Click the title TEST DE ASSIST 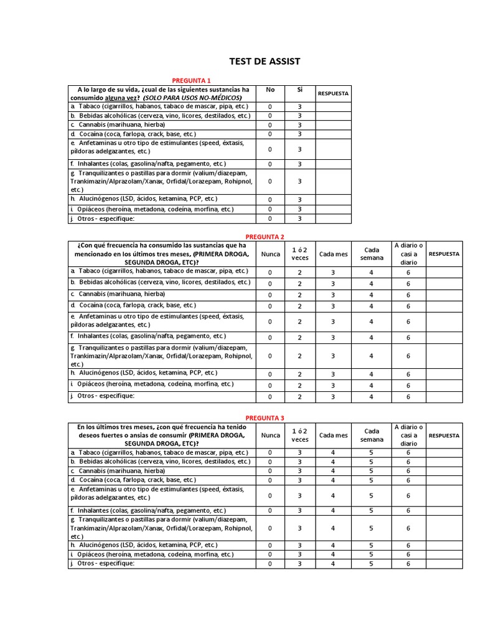point(265,62)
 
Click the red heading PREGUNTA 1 point(192,80)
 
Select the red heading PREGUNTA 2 point(265,236)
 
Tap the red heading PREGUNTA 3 point(265,418)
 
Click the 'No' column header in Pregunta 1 point(270,90)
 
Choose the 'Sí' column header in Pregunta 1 point(299,90)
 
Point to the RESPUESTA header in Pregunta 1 point(333,94)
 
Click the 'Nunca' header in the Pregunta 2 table point(270,254)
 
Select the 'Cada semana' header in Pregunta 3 point(372,435)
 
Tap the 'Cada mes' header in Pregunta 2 point(333,254)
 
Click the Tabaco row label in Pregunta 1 point(160,106)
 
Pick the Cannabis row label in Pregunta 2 point(138,294)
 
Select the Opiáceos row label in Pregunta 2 point(151,384)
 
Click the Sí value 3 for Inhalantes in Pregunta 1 point(299,164)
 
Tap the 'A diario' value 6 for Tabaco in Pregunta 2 point(408,272)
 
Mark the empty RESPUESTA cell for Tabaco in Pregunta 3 point(444,453)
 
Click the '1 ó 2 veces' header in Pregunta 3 point(299,435)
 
